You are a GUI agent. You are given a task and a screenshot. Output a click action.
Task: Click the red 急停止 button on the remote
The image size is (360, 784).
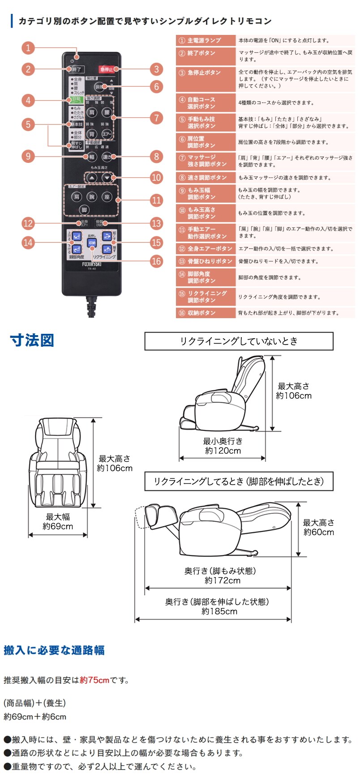106,69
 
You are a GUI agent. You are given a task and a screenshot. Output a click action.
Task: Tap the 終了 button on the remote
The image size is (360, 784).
76,69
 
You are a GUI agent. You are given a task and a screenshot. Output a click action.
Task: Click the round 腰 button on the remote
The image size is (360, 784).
107,112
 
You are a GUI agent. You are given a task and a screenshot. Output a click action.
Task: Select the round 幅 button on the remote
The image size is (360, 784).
91,157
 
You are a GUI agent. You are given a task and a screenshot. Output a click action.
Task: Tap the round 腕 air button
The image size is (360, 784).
91,196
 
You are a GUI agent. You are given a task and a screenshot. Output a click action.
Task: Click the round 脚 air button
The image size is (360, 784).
84,210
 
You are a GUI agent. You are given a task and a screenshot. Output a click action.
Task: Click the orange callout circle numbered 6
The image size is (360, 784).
156,86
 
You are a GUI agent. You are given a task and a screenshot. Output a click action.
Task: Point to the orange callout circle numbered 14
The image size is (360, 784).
28,243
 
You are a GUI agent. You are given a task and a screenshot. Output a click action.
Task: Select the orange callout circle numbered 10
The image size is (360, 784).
156,177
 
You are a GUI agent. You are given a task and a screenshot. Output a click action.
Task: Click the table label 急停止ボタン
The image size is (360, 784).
204,72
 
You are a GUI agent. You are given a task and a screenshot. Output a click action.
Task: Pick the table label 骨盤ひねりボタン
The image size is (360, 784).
210,261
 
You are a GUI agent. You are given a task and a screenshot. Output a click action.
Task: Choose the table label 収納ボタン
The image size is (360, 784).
201,313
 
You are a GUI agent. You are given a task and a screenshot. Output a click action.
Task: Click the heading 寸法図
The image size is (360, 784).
32,340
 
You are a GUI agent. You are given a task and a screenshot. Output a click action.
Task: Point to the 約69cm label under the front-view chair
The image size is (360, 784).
58,527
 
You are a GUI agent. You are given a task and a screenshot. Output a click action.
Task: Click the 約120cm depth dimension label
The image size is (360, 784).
223,451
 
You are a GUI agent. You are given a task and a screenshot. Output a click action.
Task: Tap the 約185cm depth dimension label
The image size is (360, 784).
219,611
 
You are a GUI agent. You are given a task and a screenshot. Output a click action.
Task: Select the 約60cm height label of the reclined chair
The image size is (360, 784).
319,532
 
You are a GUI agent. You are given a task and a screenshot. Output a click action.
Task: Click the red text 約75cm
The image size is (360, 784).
94,680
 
